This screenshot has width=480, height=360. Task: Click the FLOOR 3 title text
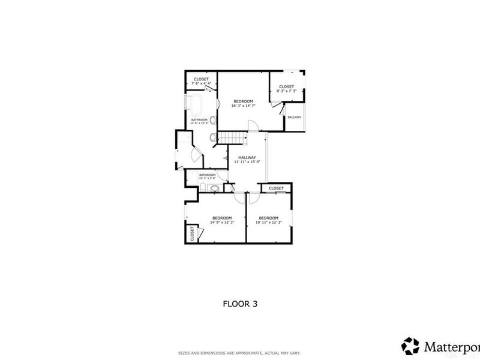[x=240, y=304]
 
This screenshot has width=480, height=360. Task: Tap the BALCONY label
[x=294, y=117]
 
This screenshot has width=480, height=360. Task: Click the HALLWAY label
[x=247, y=157]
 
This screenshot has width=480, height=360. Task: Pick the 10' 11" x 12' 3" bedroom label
[x=268, y=220]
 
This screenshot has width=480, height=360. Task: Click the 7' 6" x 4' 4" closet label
[x=200, y=81]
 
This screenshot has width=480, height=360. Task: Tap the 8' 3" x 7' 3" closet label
[x=286, y=88]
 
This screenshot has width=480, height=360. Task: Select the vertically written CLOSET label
[x=192, y=233]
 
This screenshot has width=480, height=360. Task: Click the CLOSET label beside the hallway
[x=276, y=188]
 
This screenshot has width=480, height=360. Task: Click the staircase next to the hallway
[x=233, y=138]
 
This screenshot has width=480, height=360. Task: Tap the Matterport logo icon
[x=410, y=346]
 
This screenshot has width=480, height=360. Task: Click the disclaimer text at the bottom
[x=239, y=352]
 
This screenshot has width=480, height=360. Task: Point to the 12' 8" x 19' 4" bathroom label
[x=199, y=121]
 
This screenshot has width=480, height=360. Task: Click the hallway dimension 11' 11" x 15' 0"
[x=247, y=161]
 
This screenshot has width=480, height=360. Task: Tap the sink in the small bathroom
[x=216, y=188]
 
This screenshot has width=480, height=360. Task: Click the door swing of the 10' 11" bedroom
[x=254, y=196]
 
